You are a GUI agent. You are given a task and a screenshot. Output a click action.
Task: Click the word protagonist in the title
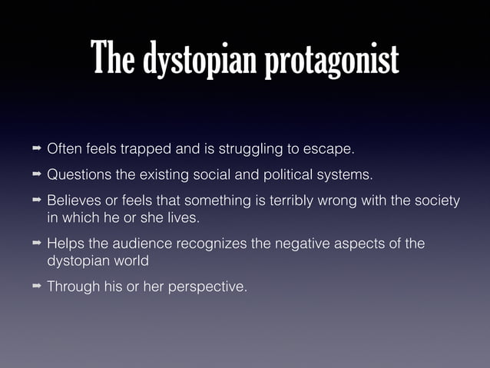[333, 60]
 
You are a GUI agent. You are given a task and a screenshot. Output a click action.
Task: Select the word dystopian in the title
[200, 60]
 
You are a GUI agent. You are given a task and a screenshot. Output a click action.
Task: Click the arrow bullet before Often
[36, 147]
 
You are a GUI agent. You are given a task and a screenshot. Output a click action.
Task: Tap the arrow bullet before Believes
[36, 201]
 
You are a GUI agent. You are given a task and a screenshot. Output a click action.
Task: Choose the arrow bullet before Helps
[36, 244]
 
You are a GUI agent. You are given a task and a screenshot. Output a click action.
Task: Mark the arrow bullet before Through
[36, 287]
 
